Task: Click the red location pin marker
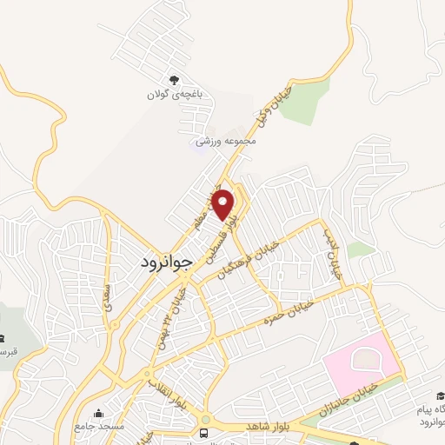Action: click(224, 204)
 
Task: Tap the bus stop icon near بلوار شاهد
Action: click(204, 432)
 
